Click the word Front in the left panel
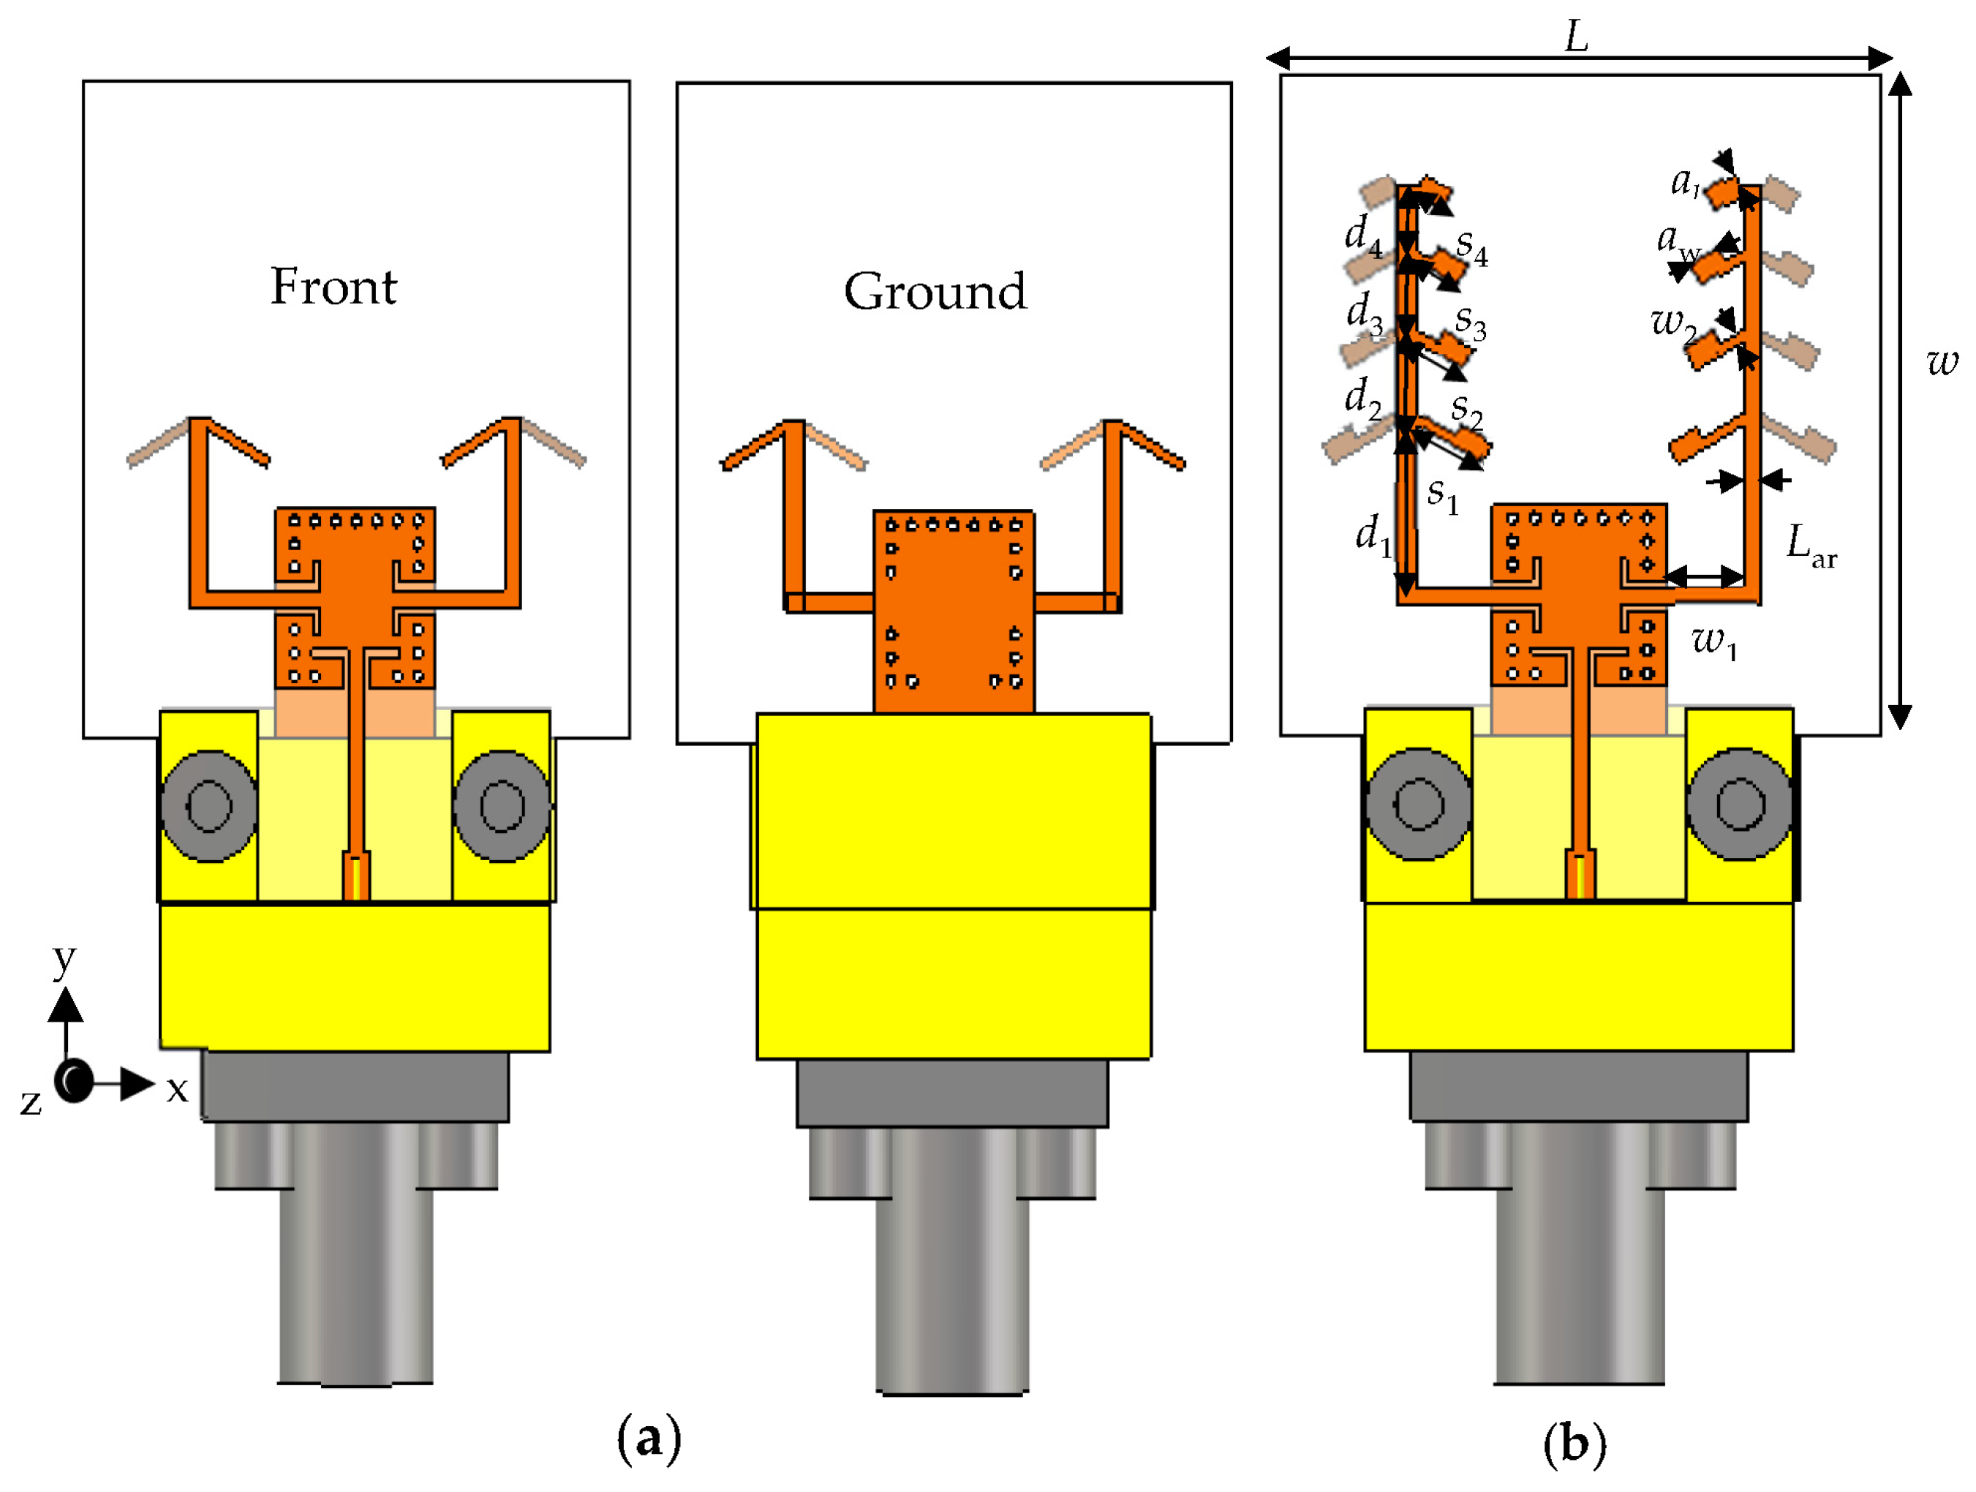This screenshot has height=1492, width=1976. (x=333, y=287)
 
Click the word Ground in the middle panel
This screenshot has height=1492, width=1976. (x=935, y=292)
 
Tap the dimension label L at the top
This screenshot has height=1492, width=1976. (x=1577, y=37)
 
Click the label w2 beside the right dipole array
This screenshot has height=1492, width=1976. (x=1673, y=323)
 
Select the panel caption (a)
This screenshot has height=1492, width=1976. (x=649, y=1439)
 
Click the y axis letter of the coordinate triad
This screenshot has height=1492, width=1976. (x=64, y=960)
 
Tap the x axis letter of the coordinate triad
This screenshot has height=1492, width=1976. (x=177, y=1089)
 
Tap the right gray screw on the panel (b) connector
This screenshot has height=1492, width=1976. (x=1739, y=804)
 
